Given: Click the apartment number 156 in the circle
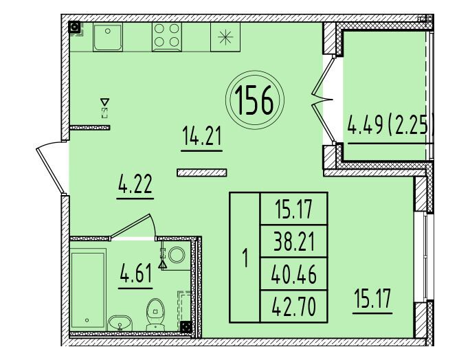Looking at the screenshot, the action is (x=254, y=100).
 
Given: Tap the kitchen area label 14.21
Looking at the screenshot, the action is (x=202, y=136).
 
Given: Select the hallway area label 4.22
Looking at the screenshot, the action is (x=135, y=183).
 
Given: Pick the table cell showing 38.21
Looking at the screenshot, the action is (x=294, y=242).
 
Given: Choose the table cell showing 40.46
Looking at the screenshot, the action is (x=294, y=274).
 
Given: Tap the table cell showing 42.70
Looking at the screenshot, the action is (x=294, y=306).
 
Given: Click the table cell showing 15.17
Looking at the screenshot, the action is (x=294, y=209).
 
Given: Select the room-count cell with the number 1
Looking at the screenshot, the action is (x=245, y=258).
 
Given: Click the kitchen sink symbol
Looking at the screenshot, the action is (x=108, y=37).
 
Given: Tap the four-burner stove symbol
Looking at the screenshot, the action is (x=167, y=37).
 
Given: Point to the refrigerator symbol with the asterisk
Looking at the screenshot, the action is (x=225, y=37).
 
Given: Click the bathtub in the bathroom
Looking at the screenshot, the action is (x=88, y=289).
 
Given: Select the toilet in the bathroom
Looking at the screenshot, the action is (x=155, y=314).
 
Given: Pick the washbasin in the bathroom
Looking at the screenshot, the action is (x=120, y=323).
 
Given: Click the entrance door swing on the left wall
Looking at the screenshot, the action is (x=50, y=170).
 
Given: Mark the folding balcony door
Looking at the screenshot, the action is (x=323, y=99).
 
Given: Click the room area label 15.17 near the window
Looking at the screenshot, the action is (x=372, y=299).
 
